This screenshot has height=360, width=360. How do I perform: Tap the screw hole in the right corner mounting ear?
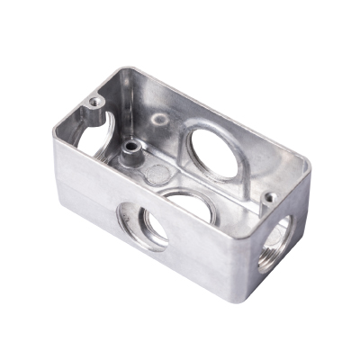coord(268,197)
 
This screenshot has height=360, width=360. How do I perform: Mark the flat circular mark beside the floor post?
coord(156,173)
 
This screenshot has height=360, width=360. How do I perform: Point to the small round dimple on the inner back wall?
coord(159,118)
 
